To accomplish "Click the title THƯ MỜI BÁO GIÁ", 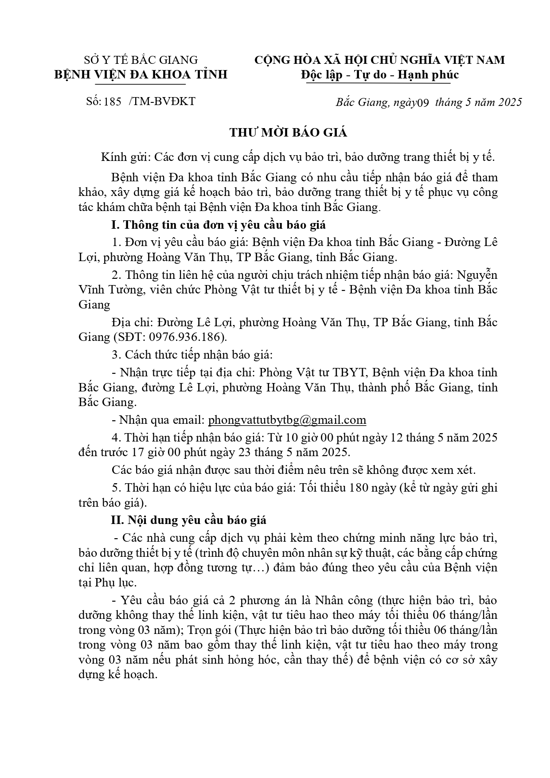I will tap(288, 133).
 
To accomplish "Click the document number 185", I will tap(113, 102).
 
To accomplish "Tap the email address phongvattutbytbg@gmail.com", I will tap(287, 420).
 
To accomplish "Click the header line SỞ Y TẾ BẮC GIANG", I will tap(141, 59).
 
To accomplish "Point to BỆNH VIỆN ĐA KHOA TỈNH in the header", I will tap(141, 74).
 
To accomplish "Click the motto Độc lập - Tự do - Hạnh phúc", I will tap(379, 74).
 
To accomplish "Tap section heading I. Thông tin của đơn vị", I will tap(218, 225).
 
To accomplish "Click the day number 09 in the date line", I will tap(424, 103).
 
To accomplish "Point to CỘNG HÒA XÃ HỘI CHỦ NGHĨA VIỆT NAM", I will tap(379, 59).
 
